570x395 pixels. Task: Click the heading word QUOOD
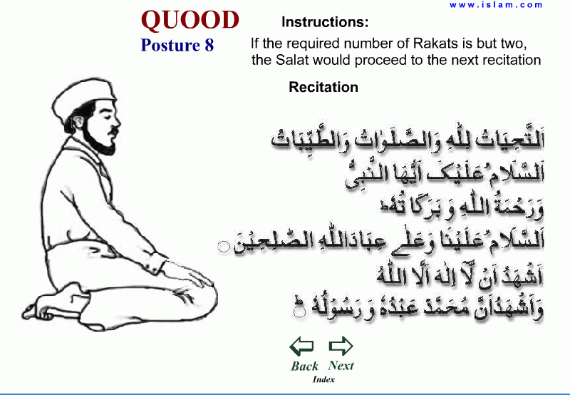click(x=190, y=20)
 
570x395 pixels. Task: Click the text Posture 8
click(x=177, y=45)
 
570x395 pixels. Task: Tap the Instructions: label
click(x=325, y=21)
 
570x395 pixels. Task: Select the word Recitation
click(x=323, y=87)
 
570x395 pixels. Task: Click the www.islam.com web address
click(x=496, y=4)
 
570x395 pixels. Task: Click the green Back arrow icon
click(x=302, y=347)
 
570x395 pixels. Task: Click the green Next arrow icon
click(x=341, y=347)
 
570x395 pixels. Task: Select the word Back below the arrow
click(x=304, y=366)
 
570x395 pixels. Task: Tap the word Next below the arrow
click(x=341, y=365)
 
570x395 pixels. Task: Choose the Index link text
click(x=323, y=379)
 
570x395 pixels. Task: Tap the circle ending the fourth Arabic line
click(x=223, y=246)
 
